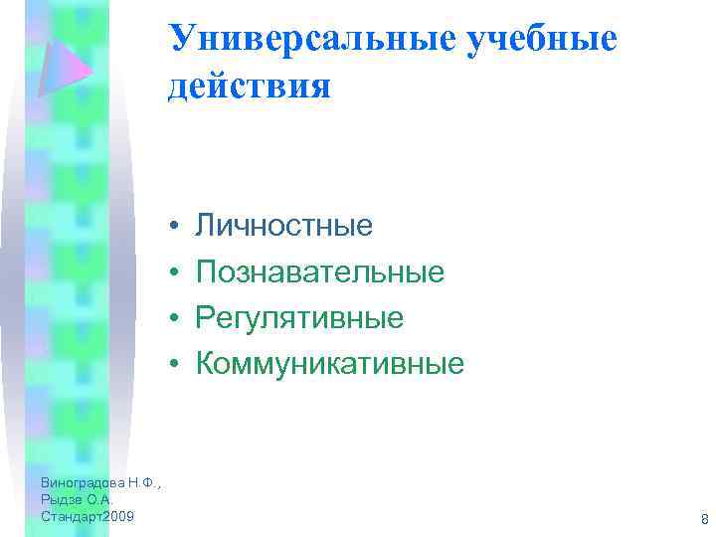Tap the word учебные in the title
pyautogui.click(x=552, y=38)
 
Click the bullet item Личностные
pyautogui.click(x=284, y=226)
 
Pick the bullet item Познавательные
pyautogui.click(x=319, y=271)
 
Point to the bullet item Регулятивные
pyautogui.click(x=299, y=317)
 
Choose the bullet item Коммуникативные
pyautogui.click(x=329, y=363)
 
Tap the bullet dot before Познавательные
pyautogui.click(x=173, y=272)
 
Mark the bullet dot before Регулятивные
pyautogui.click(x=173, y=318)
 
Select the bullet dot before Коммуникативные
pyautogui.click(x=173, y=364)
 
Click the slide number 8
pyautogui.click(x=703, y=519)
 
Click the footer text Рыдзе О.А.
pyautogui.click(x=79, y=500)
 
